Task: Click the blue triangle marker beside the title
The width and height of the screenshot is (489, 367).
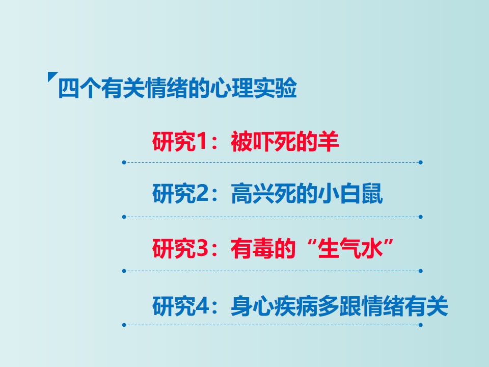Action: pyautogui.click(x=51, y=76)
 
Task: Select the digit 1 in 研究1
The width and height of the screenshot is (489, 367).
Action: pyautogui.click(x=202, y=142)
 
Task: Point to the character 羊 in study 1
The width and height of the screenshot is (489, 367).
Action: pyautogui.click(x=328, y=142)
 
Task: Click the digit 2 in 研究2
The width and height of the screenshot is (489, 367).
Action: pyautogui.click(x=202, y=194)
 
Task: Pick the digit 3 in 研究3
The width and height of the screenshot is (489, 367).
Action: pyautogui.click(x=202, y=248)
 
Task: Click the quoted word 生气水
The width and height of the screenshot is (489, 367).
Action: pyautogui.click(x=350, y=248)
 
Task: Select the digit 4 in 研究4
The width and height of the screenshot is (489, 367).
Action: pyautogui.click(x=202, y=306)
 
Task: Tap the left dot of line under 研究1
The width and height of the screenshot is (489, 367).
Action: pyautogui.click(x=124, y=162)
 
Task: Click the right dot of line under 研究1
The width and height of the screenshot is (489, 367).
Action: pyautogui.click(x=420, y=162)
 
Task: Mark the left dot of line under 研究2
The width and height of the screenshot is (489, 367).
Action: pyautogui.click(x=124, y=217)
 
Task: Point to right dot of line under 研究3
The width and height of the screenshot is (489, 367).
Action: pyautogui.click(x=420, y=271)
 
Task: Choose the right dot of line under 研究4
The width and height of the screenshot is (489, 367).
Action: pyautogui.click(x=420, y=325)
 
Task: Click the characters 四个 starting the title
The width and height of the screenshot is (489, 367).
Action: pyautogui.click(x=79, y=88)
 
